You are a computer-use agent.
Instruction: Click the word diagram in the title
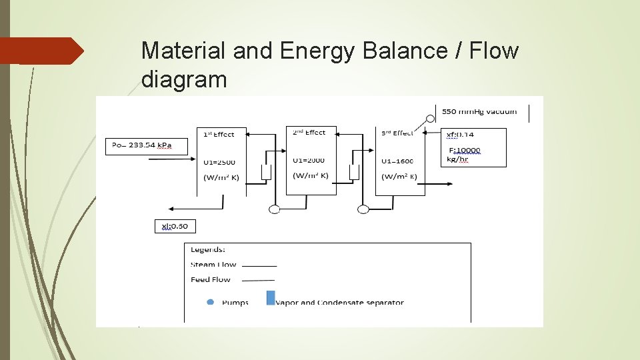tap(184, 80)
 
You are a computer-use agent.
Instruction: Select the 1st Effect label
tap(219, 134)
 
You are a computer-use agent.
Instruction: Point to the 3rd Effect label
tap(397, 133)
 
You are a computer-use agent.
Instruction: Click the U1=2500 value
tap(219, 162)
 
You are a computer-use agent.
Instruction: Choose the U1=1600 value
tap(398, 161)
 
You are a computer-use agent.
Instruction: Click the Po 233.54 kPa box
tap(141, 145)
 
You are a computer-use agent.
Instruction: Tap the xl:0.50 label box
tap(175, 226)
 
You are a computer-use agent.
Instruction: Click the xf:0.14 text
tap(460, 135)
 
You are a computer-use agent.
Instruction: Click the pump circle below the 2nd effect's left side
tap(274, 209)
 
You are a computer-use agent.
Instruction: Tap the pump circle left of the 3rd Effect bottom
tap(363, 209)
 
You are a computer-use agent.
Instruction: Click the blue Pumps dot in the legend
tap(211, 302)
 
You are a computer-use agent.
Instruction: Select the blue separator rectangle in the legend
tap(271, 297)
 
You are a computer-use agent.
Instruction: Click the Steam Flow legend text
tap(213, 265)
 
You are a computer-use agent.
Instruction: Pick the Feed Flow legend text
tap(210, 279)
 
